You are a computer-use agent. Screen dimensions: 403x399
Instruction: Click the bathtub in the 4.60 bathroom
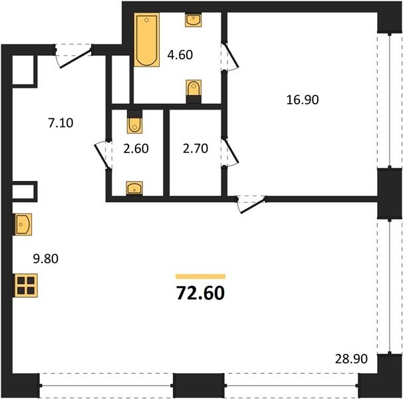click(x=146, y=39)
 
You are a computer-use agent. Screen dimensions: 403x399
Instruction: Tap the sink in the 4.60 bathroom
click(x=193, y=20)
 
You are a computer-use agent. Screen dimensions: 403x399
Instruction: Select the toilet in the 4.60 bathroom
click(x=194, y=92)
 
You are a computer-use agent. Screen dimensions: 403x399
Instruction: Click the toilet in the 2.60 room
click(x=135, y=122)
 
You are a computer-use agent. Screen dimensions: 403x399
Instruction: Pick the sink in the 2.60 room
click(x=134, y=188)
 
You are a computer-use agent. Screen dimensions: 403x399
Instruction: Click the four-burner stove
click(x=26, y=285)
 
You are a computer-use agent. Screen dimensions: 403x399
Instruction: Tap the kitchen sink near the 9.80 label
click(x=23, y=224)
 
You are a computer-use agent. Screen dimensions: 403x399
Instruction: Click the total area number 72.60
click(x=200, y=293)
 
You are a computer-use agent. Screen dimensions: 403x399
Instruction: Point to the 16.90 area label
click(x=303, y=100)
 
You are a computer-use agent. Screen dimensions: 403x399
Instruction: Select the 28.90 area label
click(x=351, y=358)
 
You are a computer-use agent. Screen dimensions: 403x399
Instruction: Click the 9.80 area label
click(x=46, y=259)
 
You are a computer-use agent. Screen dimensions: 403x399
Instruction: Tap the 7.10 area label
click(x=61, y=122)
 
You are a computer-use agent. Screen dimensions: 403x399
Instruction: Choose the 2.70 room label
click(x=196, y=148)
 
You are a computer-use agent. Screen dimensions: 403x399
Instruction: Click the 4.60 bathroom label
click(x=180, y=55)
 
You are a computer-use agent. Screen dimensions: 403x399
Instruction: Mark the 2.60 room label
click(x=136, y=148)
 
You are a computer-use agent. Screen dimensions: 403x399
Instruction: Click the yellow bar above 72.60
click(x=200, y=277)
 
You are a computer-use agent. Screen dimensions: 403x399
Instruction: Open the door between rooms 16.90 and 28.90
click(x=253, y=205)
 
